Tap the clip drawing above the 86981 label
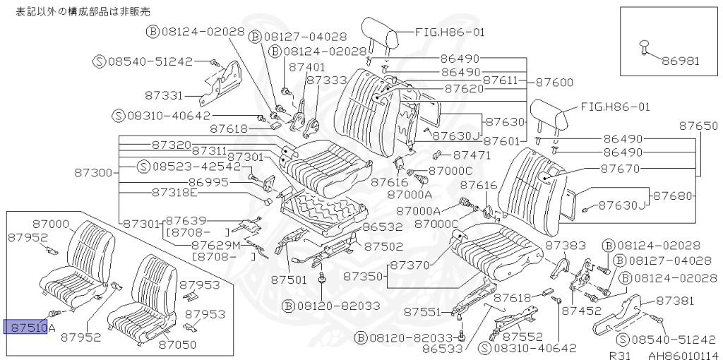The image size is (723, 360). pos(644,46)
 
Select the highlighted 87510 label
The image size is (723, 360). pos(26,328)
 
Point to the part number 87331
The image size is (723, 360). pos(164,95)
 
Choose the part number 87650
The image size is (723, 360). pos(699,126)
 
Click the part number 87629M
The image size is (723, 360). pos(216,244)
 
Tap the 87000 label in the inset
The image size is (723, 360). pos(50,224)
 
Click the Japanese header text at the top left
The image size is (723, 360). pos(83,11)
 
